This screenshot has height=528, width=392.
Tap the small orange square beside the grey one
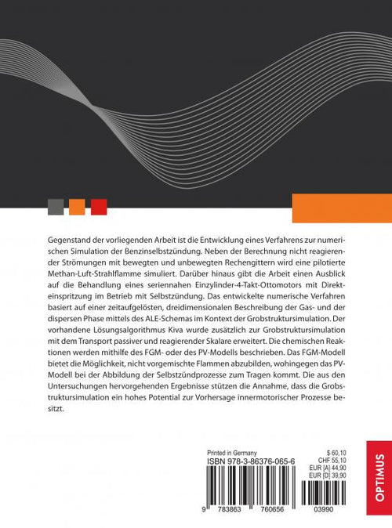(77, 207)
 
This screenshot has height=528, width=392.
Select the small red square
(99, 207)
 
